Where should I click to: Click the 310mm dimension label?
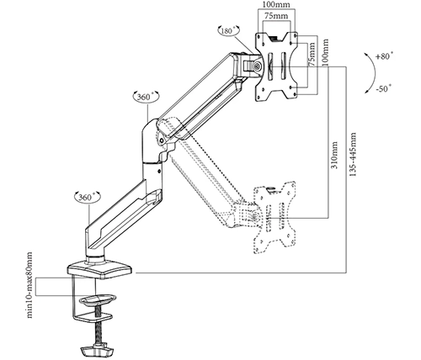pos(334,156)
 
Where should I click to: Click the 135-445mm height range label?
pos(353,154)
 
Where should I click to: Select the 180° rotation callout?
pos(229,30)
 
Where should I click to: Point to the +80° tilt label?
pos(384,56)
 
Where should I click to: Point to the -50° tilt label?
pos(383,89)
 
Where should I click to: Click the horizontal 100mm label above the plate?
pos(276,5)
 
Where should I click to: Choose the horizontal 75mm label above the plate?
pos(276,16)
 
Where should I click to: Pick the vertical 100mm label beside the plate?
pos(325,52)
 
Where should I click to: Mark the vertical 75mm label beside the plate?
pos(312,54)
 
